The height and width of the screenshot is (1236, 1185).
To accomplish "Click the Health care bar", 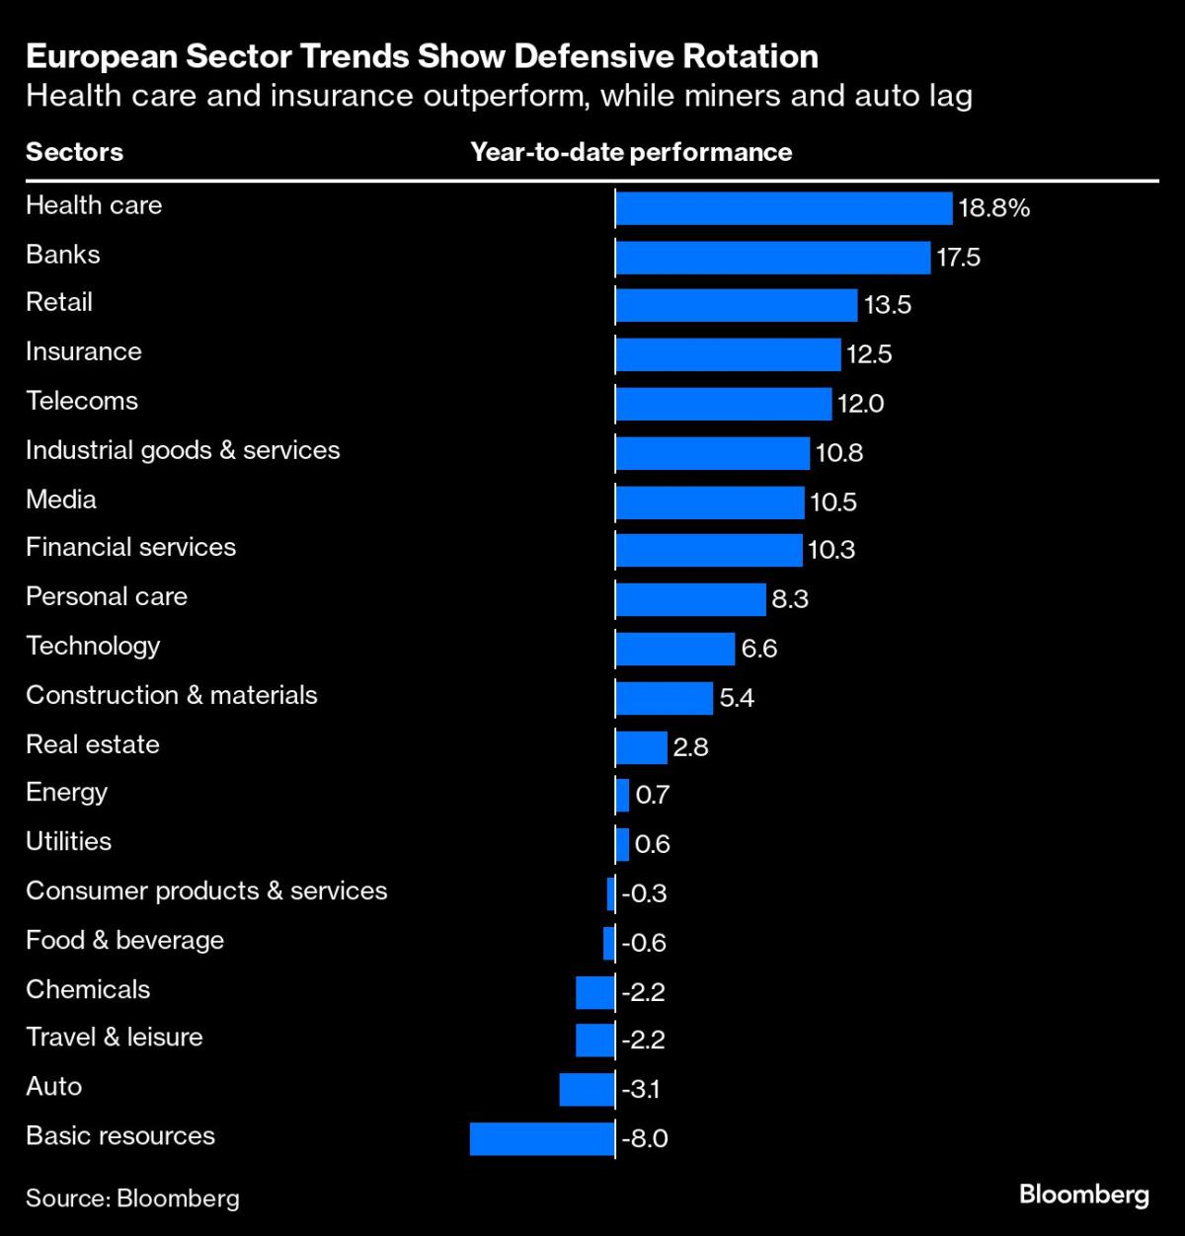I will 783,207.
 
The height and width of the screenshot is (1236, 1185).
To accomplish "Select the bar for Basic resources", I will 542,1138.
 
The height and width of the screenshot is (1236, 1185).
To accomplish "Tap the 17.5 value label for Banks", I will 958,258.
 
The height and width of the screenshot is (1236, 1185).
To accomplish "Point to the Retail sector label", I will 59,302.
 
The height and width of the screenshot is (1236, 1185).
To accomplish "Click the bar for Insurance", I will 728,353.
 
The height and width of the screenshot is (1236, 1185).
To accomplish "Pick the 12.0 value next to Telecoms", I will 861,404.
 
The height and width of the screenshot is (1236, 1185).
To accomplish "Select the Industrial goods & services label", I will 183,450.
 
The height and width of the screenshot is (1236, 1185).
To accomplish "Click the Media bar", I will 710,502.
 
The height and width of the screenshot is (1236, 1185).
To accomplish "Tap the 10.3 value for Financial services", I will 831,550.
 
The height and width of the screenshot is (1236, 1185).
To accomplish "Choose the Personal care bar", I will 690,599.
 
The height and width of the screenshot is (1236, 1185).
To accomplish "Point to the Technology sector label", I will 93,646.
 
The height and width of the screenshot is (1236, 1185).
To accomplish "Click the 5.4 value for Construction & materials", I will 737,698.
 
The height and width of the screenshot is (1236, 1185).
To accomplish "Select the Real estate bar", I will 641,747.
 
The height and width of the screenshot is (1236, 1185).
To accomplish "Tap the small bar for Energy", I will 622,795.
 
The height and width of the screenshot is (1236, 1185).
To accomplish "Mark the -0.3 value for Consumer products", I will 645,893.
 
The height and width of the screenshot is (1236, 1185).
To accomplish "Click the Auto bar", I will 587,1089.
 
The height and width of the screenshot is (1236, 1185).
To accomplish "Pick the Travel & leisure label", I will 115,1037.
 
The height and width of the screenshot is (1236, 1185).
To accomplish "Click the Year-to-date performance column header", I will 631,152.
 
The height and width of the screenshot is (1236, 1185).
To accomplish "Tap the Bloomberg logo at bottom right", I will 1083,1196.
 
